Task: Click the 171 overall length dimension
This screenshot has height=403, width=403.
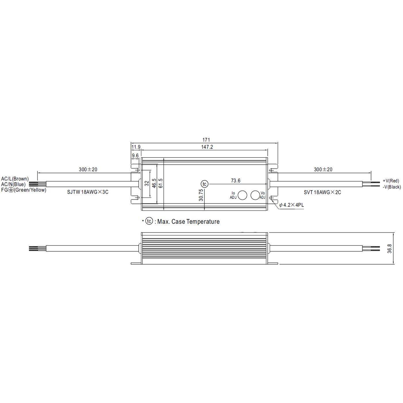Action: coord(206,140)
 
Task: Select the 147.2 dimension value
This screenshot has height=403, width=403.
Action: coord(208,147)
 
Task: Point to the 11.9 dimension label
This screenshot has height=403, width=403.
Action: coord(136,147)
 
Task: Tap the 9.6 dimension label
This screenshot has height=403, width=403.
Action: coord(135,156)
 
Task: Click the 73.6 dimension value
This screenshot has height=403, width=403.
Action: coord(235,181)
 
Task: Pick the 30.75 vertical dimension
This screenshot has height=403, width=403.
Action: coord(201,195)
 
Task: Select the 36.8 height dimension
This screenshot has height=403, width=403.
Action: coord(389,248)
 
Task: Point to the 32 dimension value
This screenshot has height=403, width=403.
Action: coord(147,183)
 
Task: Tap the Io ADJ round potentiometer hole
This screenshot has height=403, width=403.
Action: coord(242,195)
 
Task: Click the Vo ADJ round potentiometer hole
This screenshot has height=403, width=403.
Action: coord(255,195)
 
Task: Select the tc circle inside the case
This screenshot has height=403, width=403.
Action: coord(204,184)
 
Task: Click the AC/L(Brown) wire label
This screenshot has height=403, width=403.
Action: coord(15,179)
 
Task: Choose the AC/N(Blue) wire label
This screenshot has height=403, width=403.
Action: coord(13,184)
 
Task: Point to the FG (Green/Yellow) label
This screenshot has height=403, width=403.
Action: coord(24,190)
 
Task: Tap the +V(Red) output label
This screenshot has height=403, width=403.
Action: coord(391,181)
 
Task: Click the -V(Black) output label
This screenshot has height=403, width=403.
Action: coord(391,187)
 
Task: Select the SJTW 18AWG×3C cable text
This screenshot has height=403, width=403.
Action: coord(88,192)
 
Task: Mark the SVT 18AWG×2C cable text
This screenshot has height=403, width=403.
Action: coord(322,192)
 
